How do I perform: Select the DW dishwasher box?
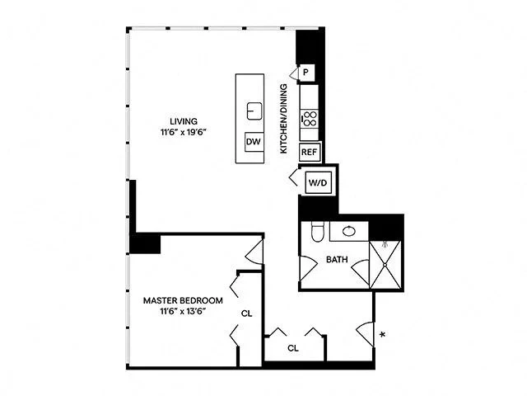(x=254, y=142)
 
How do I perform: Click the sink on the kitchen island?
(x=254, y=110)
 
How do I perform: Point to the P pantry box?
(x=305, y=73)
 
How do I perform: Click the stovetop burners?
(x=310, y=117)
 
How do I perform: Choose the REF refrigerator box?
(x=309, y=153)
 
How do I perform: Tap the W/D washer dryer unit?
(x=318, y=182)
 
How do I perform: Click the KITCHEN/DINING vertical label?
(x=282, y=119)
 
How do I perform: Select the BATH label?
(x=337, y=260)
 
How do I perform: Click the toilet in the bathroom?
(x=318, y=232)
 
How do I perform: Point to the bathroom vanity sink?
(x=348, y=231)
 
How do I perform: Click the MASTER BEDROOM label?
(x=182, y=299)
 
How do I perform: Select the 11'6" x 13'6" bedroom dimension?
(x=182, y=311)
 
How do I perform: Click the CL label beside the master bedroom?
(x=246, y=314)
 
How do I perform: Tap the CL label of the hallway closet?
(x=292, y=348)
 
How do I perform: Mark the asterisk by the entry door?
(x=381, y=335)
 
